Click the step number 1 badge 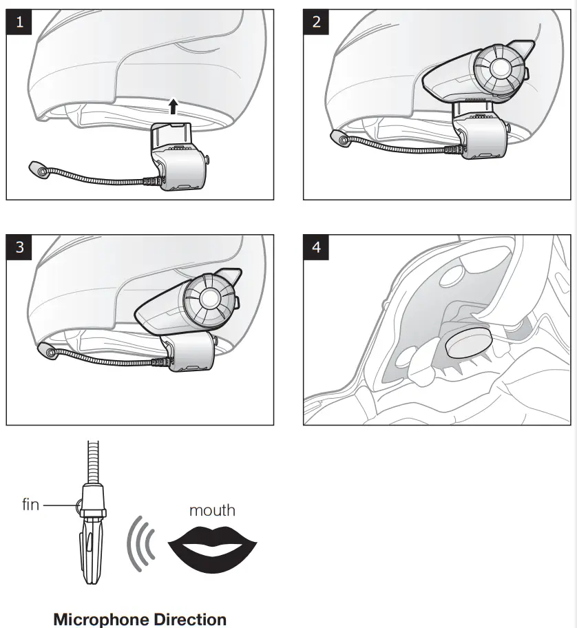click(19, 21)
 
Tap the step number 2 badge click(316, 21)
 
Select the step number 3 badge click(19, 247)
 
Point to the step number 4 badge click(316, 247)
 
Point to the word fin click(30, 505)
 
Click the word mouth click(212, 510)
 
